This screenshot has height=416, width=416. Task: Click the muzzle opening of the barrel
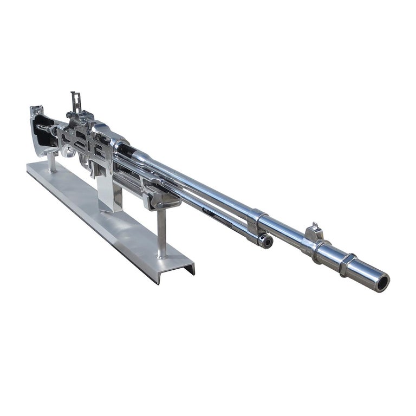tap(383, 282)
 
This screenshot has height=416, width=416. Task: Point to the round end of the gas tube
tap(265, 241)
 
